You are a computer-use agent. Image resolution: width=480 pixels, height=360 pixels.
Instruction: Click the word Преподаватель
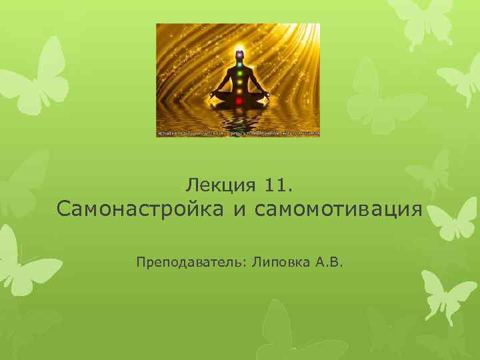(191, 263)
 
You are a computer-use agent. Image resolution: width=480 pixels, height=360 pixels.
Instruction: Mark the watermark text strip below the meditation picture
(238, 133)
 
